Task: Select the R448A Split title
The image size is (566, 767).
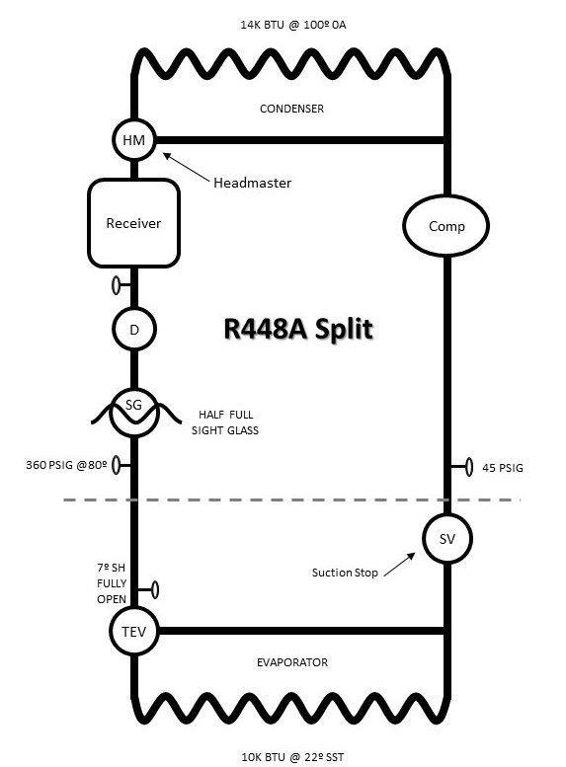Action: pos(298,329)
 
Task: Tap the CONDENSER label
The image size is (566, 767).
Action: pos(291,109)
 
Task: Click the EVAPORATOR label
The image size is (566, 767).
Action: pos(292,662)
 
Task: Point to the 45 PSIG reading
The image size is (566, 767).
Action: pos(503,468)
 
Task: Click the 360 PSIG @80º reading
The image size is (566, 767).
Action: pos(66,465)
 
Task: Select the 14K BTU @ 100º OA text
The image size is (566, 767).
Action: pos(292,25)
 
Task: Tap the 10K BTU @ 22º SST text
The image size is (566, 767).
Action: pos(292,757)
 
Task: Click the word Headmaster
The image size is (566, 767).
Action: pos(252,183)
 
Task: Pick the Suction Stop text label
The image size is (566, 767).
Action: pos(345,573)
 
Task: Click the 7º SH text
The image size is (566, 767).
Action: pos(112,568)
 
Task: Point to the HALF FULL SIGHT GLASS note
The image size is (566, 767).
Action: pos(225,422)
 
